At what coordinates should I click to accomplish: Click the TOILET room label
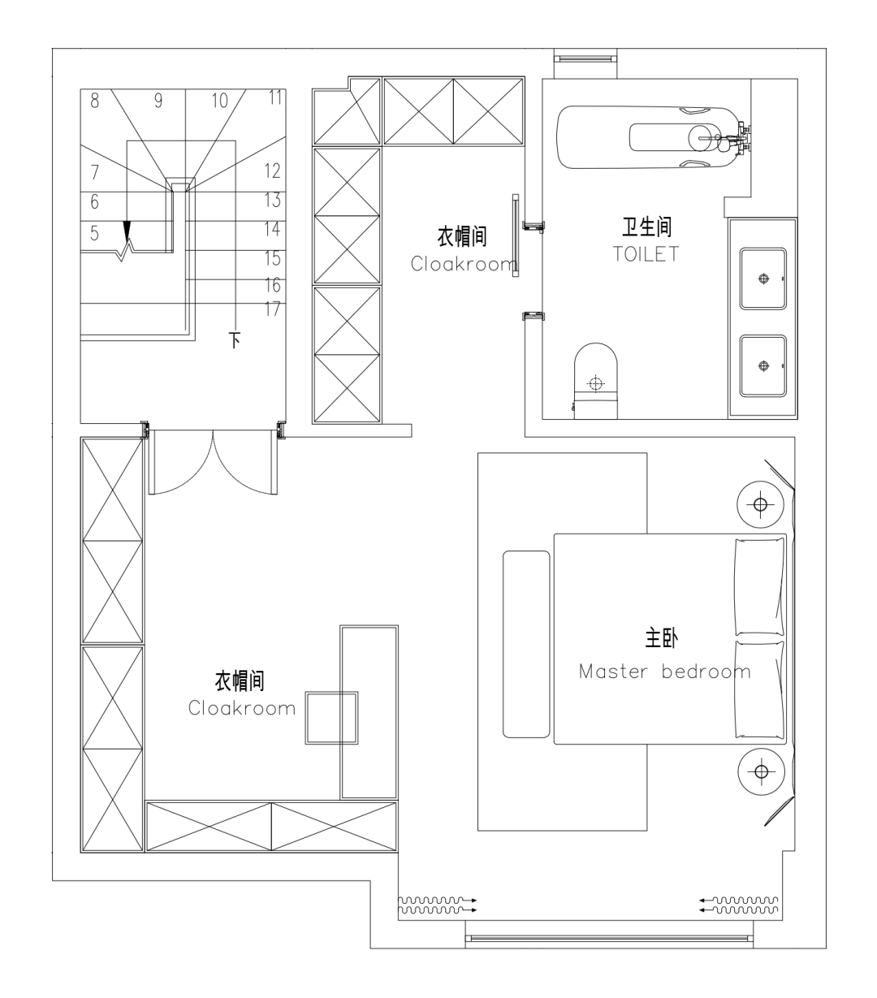tap(646, 254)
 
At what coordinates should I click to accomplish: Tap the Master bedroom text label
tap(664, 672)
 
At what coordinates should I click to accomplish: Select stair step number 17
tap(273, 309)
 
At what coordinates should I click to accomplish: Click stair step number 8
tap(94, 101)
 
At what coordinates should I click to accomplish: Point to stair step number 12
tap(273, 171)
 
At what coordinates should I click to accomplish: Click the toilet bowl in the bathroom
tap(596, 381)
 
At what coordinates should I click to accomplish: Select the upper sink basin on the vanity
tap(763, 279)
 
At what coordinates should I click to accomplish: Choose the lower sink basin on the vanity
tap(763, 366)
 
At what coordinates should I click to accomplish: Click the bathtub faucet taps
tap(741, 137)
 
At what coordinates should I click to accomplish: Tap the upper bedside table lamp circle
tap(760, 504)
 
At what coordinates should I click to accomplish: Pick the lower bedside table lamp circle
tap(761, 771)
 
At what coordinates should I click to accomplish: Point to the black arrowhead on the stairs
tap(127, 230)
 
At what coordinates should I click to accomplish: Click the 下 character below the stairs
tap(235, 340)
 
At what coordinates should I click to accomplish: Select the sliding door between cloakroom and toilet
tap(516, 235)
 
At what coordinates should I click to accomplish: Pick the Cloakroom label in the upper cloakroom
tap(463, 264)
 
